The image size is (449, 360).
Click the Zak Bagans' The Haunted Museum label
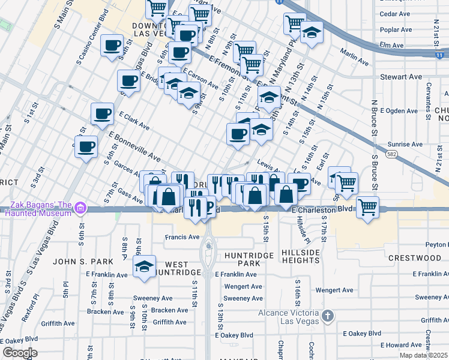tap(36, 209)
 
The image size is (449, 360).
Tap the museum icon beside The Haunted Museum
tap(80, 209)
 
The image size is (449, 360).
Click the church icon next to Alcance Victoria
tap(327, 315)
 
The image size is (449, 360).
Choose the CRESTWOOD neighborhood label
tap(414, 257)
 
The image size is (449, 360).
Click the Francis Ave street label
tap(182, 237)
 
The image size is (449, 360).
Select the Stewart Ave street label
tap(402, 77)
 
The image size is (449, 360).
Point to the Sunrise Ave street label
tap(405, 145)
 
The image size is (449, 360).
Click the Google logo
tap(19, 353)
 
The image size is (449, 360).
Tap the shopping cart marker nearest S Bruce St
tap(367, 208)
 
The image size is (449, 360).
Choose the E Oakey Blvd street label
tap(362, 333)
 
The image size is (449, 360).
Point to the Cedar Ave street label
tap(396, 13)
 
